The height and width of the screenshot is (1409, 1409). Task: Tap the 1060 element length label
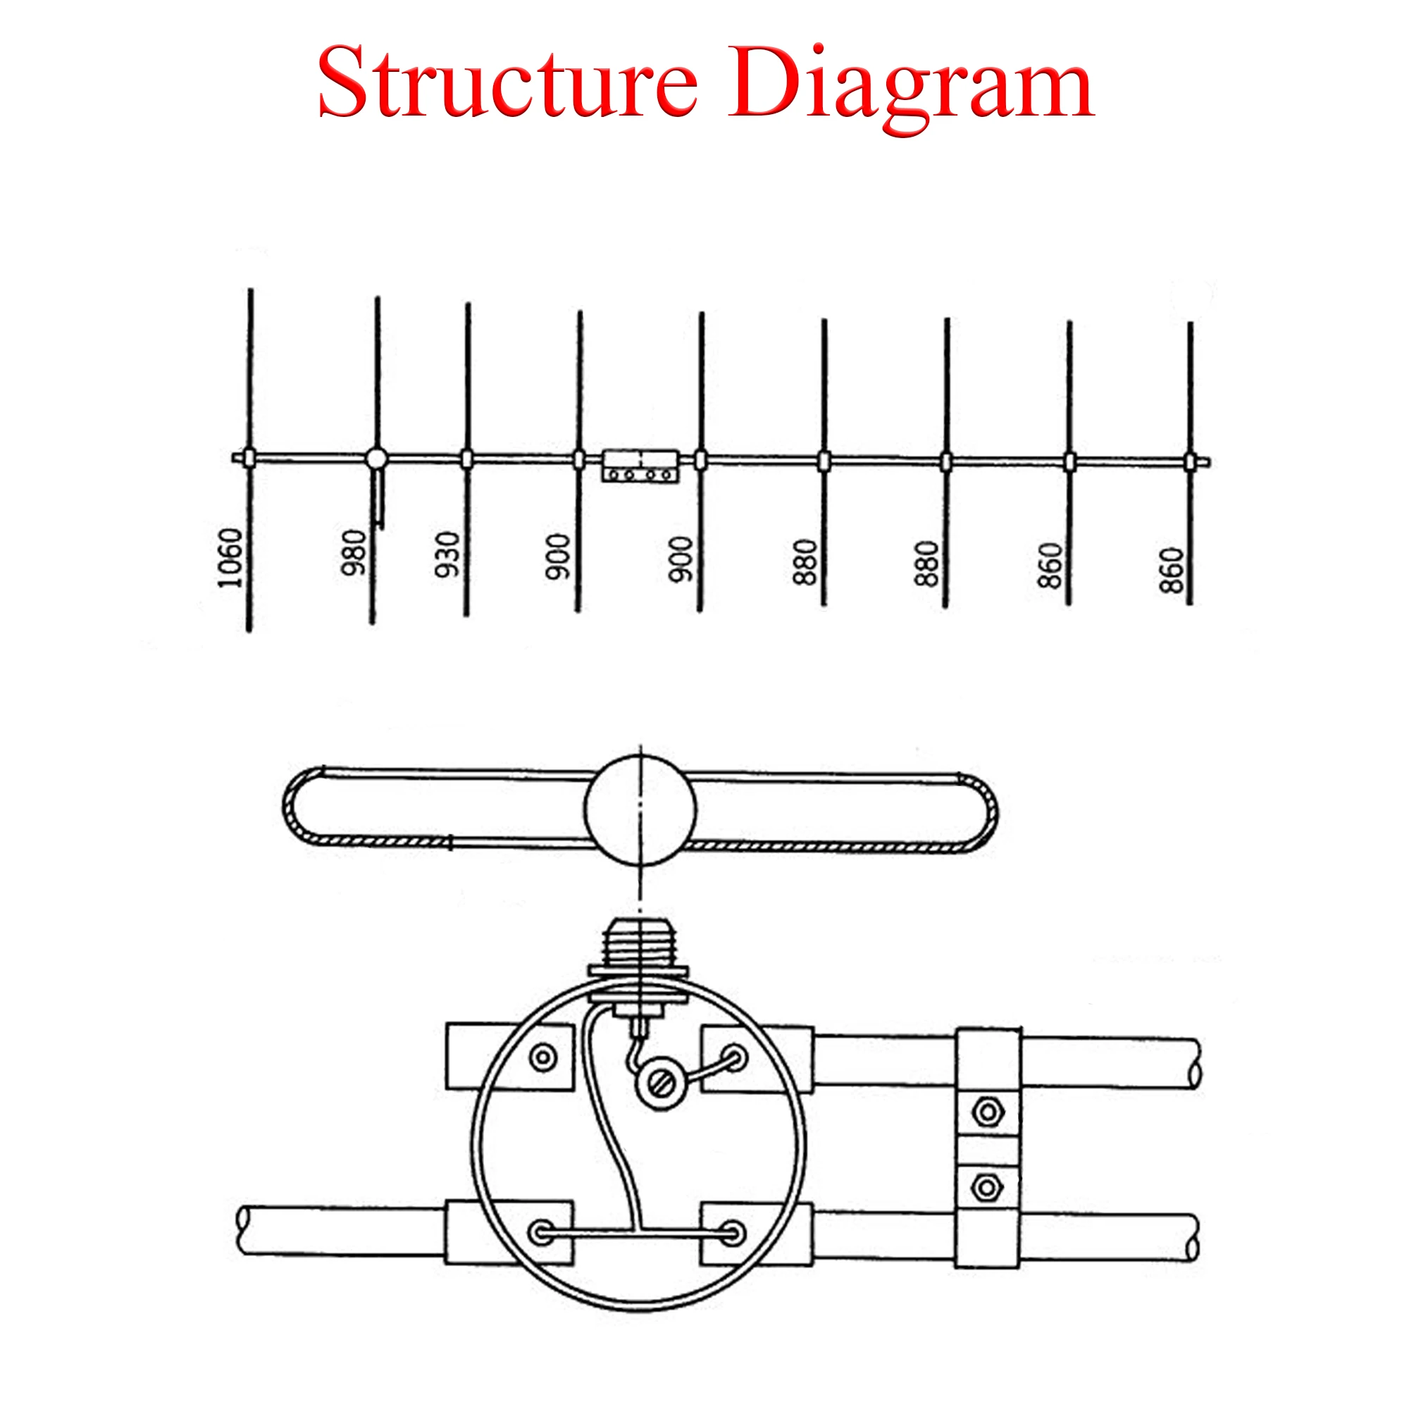click(230, 558)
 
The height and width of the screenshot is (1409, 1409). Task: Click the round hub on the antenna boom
click(376, 458)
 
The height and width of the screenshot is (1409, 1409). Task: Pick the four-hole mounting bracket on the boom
click(640, 466)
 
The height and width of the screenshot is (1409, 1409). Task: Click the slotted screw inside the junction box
click(661, 1084)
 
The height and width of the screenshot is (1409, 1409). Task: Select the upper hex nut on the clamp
click(986, 1113)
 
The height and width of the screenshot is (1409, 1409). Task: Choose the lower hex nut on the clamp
click(986, 1188)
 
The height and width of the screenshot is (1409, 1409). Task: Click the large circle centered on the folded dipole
click(640, 808)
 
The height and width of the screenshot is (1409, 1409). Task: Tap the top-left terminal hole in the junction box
click(543, 1056)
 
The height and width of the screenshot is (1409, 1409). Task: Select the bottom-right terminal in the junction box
click(733, 1234)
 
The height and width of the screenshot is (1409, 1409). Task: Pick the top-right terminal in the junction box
click(733, 1056)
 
